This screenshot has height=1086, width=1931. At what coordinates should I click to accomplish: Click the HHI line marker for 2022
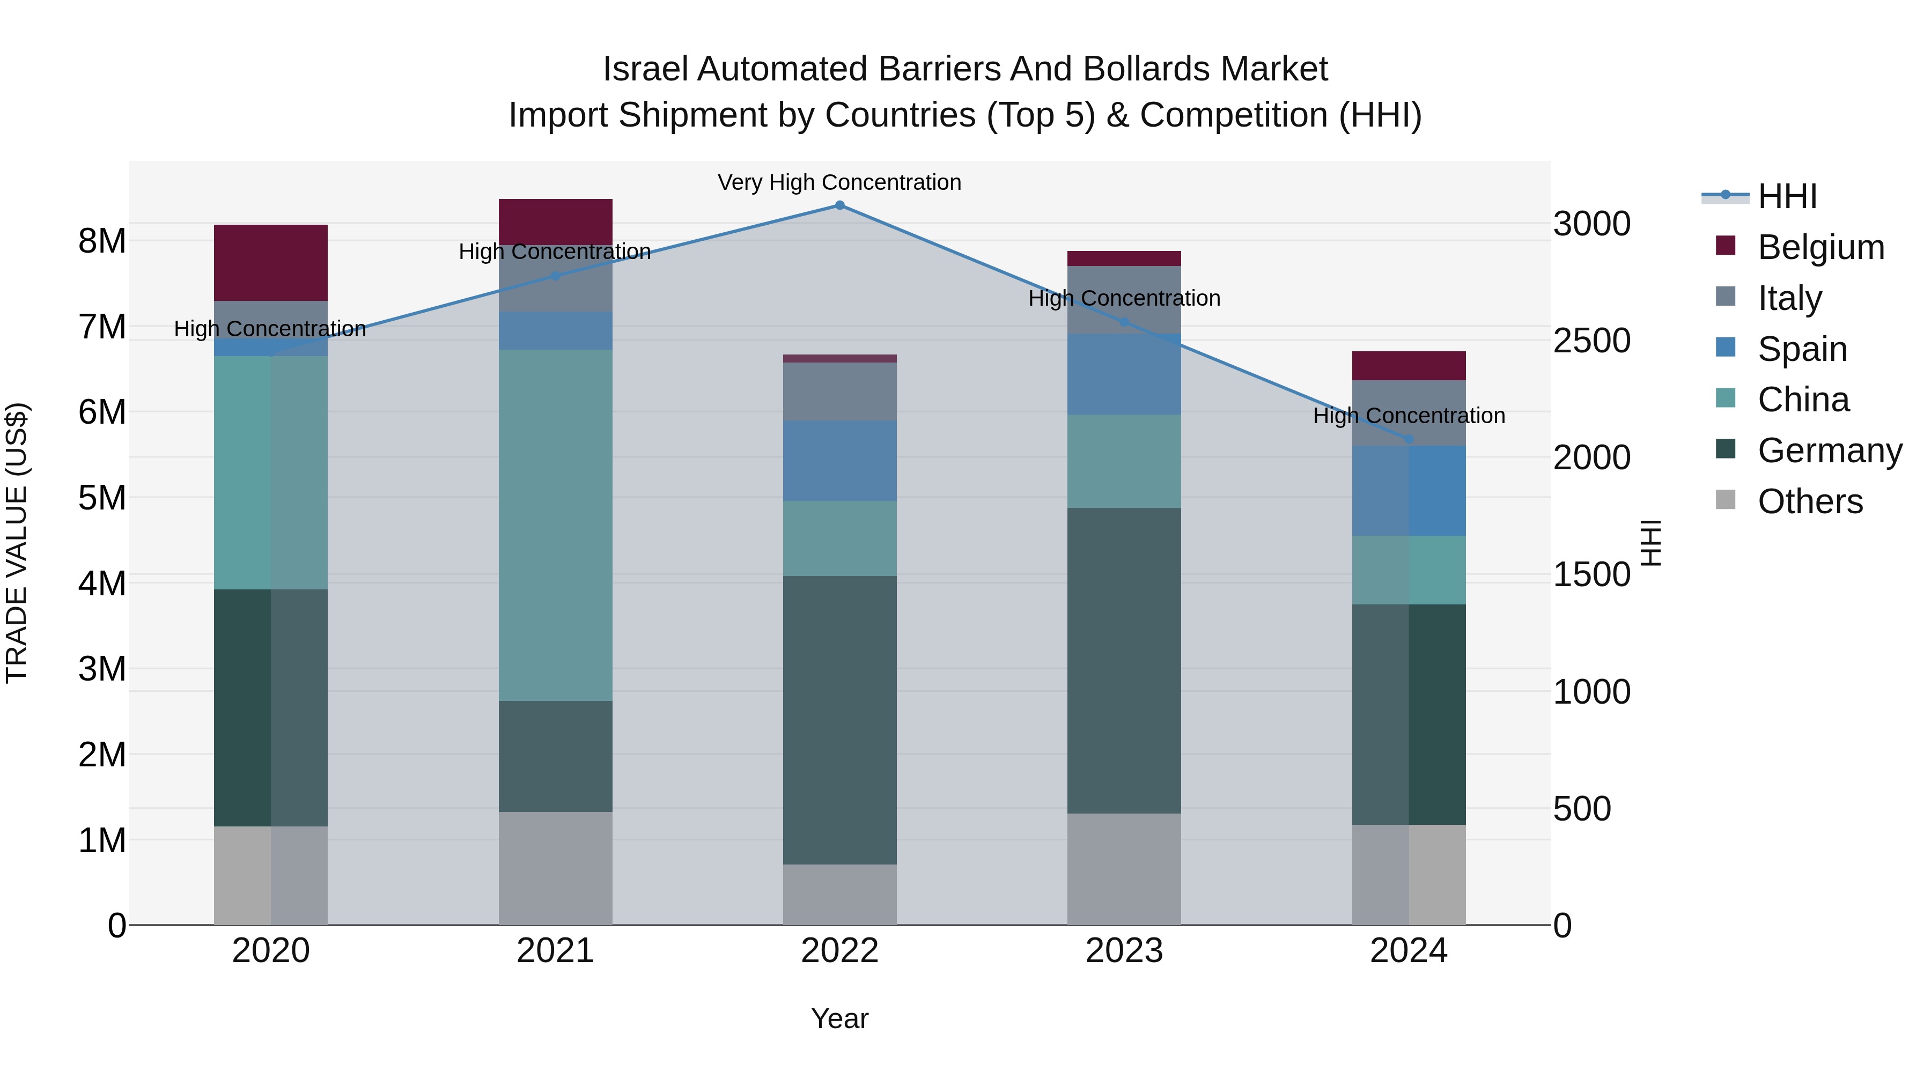tap(839, 205)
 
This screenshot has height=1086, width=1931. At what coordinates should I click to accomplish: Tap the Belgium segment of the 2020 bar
tap(271, 262)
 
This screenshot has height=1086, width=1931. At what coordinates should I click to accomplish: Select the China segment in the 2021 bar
tap(556, 524)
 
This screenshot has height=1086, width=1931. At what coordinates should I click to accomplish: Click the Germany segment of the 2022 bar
tap(839, 720)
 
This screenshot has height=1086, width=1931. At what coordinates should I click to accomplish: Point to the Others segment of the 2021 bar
tap(556, 868)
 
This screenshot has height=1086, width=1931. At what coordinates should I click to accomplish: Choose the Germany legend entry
tap(1830, 450)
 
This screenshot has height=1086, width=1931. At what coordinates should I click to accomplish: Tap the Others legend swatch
tap(1726, 501)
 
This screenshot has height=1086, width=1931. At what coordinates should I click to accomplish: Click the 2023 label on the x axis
tap(1124, 951)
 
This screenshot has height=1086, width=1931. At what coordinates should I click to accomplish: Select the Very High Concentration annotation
tap(839, 182)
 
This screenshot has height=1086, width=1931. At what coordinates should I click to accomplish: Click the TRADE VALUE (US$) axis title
tap(17, 543)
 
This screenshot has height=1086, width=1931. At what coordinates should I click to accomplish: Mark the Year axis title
tap(839, 1018)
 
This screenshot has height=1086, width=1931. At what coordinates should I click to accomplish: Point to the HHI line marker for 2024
tap(1409, 439)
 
